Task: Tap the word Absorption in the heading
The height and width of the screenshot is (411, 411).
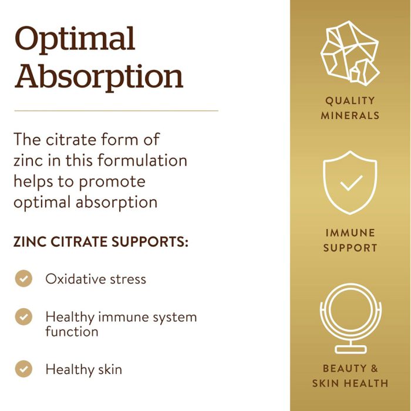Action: point(99,77)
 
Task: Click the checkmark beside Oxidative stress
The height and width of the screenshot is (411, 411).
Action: point(23,278)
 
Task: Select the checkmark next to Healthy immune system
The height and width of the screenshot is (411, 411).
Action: point(23,316)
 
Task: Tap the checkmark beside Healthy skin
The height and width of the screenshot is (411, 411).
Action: point(23,369)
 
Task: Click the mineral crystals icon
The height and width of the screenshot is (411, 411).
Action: point(350,53)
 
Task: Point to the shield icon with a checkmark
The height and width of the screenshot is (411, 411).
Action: point(351,183)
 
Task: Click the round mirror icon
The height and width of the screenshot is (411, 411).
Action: point(350,318)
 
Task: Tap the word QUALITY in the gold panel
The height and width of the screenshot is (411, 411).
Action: point(351,100)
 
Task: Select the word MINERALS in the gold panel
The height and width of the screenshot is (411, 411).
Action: point(351,115)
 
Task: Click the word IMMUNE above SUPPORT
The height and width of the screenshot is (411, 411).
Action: point(351,233)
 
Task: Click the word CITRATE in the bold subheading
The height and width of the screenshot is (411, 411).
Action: point(75,242)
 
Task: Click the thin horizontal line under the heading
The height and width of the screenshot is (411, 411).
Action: point(116,110)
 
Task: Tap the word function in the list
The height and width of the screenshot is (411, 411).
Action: point(72,332)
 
